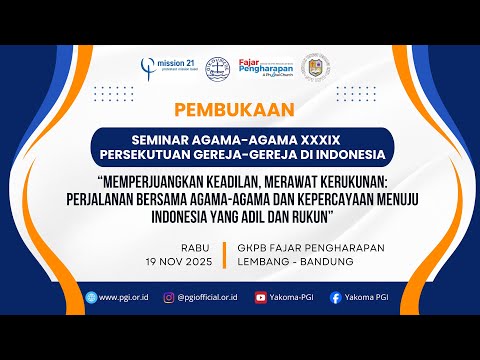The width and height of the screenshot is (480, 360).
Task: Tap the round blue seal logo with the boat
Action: (x=219, y=67)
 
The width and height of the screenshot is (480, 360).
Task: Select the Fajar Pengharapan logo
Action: (x=264, y=67)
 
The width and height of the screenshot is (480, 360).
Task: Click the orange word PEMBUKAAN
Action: (x=239, y=109)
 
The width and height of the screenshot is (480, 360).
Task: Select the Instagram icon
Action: (x=167, y=297)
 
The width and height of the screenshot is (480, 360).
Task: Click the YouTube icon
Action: (x=262, y=297)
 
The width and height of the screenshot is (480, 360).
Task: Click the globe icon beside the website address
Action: (x=91, y=297)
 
